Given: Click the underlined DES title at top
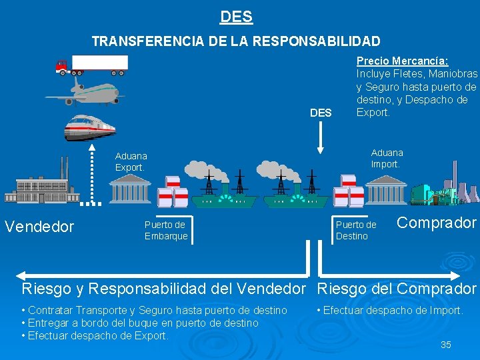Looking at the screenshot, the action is click(x=236, y=16).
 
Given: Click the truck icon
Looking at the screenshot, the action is click(x=92, y=64).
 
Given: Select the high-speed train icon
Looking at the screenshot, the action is click(x=89, y=127).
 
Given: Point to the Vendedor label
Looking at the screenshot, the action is click(x=39, y=227).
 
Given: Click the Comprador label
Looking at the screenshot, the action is click(x=437, y=223).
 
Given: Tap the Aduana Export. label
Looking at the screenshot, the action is click(x=131, y=161).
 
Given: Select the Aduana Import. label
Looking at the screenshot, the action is click(x=387, y=158).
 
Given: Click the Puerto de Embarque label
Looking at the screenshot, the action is click(x=166, y=230).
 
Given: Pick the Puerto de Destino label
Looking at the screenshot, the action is click(x=356, y=230).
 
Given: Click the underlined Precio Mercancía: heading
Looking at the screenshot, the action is click(x=402, y=61).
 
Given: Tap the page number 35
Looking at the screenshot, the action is click(x=445, y=344).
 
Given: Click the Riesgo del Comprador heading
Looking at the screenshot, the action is click(x=397, y=289).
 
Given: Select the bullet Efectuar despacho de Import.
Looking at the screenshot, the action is click(x=390, y=310).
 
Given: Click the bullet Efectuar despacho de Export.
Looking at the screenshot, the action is click(x=95, y=335).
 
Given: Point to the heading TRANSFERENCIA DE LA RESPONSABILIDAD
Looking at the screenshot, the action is click(x=236, y=41).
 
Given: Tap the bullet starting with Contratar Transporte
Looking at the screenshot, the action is click(x=154, y=310).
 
